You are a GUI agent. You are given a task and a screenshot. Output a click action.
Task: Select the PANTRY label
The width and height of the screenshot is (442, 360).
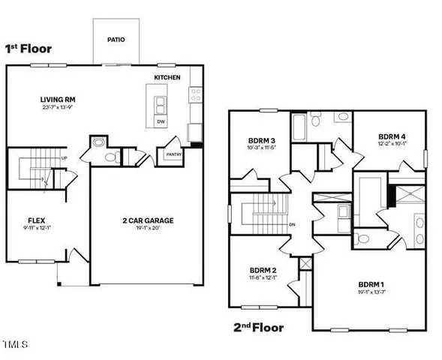point(173,155)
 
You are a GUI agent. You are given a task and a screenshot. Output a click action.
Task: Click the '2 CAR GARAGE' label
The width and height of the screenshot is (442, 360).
point(149,220)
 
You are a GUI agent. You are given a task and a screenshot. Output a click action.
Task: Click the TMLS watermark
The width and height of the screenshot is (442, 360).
point(14,345)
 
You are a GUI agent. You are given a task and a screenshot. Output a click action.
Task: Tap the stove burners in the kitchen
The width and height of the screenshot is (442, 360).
point(196,94)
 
